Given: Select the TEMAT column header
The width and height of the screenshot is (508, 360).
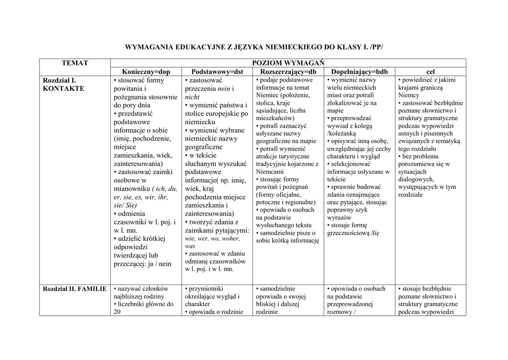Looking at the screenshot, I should click(75, 63).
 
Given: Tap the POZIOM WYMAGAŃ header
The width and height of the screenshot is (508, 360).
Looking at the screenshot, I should click(288, 63).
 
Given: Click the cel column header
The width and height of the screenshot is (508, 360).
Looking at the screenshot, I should click(430, 72).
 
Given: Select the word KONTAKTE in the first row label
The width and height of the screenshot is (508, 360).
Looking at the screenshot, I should click(64, 88).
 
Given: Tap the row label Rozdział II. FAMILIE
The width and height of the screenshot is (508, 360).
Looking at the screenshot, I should click(75, 288).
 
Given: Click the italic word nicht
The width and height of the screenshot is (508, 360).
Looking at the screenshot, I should click(192, 97).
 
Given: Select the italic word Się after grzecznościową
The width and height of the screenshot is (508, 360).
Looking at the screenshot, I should click(375, 233).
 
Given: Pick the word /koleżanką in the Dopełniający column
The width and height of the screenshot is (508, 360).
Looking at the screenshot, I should click(342, 134).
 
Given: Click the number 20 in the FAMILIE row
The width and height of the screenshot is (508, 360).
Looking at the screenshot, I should click(118, 312).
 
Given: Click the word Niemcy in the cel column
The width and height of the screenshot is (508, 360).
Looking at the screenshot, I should click(408, 95).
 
